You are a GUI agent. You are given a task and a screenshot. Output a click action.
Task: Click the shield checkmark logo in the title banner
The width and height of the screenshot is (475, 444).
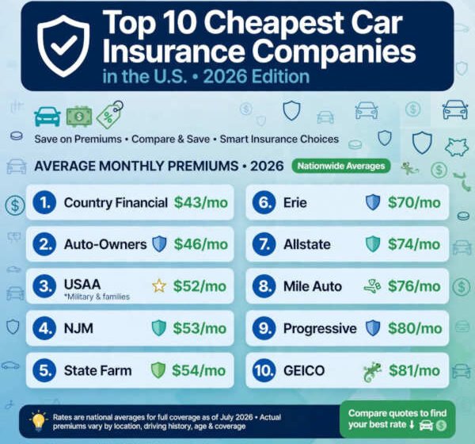pyautogui.click(x=63, y=45)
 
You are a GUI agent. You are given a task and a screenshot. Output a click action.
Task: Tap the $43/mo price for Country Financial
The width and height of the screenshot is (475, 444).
pyautogui.click(x=201, y=202)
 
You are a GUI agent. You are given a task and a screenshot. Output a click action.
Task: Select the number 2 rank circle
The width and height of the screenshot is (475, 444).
pyautogui.click(x=44, y=244)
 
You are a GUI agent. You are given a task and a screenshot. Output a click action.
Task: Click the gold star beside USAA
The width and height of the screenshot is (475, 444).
pyautogui.click(x=159, y=286)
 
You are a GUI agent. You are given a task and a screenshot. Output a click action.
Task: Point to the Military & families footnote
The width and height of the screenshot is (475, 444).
pyautogui.click(x=97, y=297)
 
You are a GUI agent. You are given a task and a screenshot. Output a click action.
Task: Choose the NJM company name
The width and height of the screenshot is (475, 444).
pyautogui.click(x=78, y=328)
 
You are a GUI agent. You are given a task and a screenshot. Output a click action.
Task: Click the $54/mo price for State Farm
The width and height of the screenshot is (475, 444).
pyautogui.click(x=199, y=370)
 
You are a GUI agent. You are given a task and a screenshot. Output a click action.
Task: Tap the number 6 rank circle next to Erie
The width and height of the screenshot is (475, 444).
pyautogui.click(x=264, y=202)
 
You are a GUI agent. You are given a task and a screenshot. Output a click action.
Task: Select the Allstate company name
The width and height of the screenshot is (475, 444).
pyautogui.click(x=307, y=245)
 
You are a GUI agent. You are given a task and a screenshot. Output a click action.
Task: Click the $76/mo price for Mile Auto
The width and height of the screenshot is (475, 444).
pyautogui.click(x=414, y=286)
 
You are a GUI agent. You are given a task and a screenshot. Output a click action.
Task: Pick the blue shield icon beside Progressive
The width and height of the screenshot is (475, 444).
pyautogui.click(x=373, y=328)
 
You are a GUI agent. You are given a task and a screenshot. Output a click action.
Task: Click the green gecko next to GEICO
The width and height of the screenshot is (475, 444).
pyautogui.click(x=372, y=372)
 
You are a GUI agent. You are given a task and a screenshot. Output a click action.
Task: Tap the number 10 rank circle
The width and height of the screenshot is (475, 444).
pyautogui.click(x=264, y=370)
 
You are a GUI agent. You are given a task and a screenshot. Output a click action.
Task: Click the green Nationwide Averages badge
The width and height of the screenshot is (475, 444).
pyautogui.click(x=341, y=166)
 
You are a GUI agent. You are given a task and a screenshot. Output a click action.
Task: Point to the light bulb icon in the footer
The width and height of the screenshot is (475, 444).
pyautogui.click(x=39, y=421)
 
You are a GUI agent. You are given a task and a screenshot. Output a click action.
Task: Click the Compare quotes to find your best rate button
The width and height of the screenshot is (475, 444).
pyautogui.click(x=397, y=419)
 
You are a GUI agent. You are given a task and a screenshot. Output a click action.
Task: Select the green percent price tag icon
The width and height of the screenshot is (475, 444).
pyautogui.click(x=110, y=115)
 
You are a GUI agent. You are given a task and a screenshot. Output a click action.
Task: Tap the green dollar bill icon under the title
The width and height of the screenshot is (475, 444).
pyautogui.click(x=79, y=117)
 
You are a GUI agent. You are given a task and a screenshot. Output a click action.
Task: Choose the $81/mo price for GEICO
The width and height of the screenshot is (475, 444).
pyautogui.click(x=414, y=370)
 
